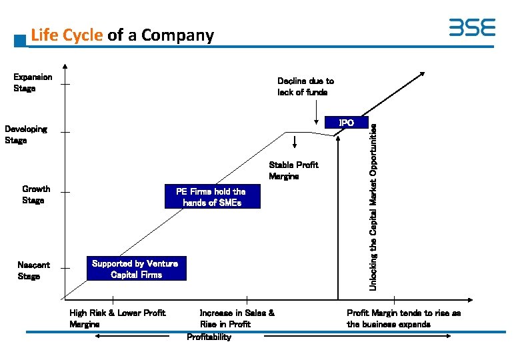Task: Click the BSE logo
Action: pyautogui.click(x=472, y=27)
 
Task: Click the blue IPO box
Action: pyautogui.click(x=346, y=123)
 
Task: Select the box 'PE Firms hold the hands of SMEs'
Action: pyautogui.click(x=211, y=197)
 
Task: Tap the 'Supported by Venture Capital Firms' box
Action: pyautogui.click(x=135, y=269)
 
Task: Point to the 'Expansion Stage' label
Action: pyautogui.click(x=33, y=83)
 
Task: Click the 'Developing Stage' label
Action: pyautogui.click(x=26, y=135)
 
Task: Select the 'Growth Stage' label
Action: pyautogui.click(x=35, y=195)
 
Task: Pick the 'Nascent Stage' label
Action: pyautogui.click(x=33, y=271)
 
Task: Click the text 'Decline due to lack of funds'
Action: pyautogui.click(x=305, y=87)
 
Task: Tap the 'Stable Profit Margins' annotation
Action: pyautogui.click(x=293, y=171)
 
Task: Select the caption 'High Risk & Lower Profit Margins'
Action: pyautogui.click(x=117, y=318)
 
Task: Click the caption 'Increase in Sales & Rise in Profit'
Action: pyautogui.click(x=237, y=318)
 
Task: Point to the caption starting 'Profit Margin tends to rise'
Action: pyautogui.click(x=403, y=318)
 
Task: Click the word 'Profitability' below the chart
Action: pyautogui.click(x=209, y=337)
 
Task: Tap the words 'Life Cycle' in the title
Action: pyautogui.click(x=67, y=35)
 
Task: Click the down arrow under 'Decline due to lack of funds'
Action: pyautogui.click(x=316, y=115)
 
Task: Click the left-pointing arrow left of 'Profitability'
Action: pyautogui.click(x=132, y=337)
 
